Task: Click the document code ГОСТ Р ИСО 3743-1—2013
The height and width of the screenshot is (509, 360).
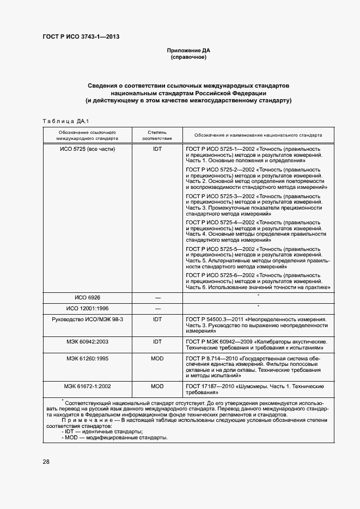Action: click(x=81, y=37)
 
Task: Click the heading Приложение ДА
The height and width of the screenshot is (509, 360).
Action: click(x=188, y=51)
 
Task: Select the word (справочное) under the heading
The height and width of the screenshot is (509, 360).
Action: click(x=188, y=57)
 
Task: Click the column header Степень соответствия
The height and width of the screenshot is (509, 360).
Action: click(x=157, y=135)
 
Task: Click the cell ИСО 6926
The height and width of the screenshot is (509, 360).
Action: click(x=87, y=297)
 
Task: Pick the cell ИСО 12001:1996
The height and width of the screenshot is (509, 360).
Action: click(x=87, y=308)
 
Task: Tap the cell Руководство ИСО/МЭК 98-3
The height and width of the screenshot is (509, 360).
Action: click(x=87, y=318)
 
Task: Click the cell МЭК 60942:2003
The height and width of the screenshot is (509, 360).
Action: click(x=87, y=341)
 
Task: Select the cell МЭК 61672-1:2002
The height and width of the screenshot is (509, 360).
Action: click(x=87, y=386)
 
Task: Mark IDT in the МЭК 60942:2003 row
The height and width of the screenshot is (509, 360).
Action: click(x=157, y=341)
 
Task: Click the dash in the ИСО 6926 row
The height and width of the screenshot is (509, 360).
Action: click(x=157, y=298)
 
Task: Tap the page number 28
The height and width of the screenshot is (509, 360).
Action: click(x=46, y=462)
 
